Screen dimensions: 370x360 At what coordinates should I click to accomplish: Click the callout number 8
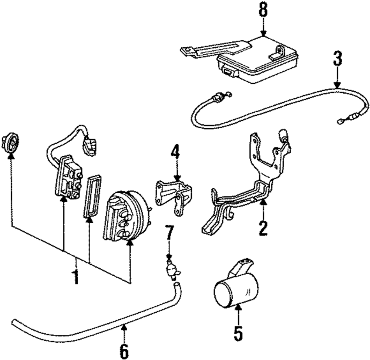(x=263, y=10)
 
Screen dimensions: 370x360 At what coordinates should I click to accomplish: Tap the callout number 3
(x=337, y=58)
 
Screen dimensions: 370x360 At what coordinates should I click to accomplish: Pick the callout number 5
(x=238, y=333)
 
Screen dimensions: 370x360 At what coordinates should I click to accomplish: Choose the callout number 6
(x=124, y=350)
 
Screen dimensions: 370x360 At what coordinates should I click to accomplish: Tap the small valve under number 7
(x=172, y=270)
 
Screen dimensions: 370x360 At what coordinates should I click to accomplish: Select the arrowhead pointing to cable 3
(x=338, y=85)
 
